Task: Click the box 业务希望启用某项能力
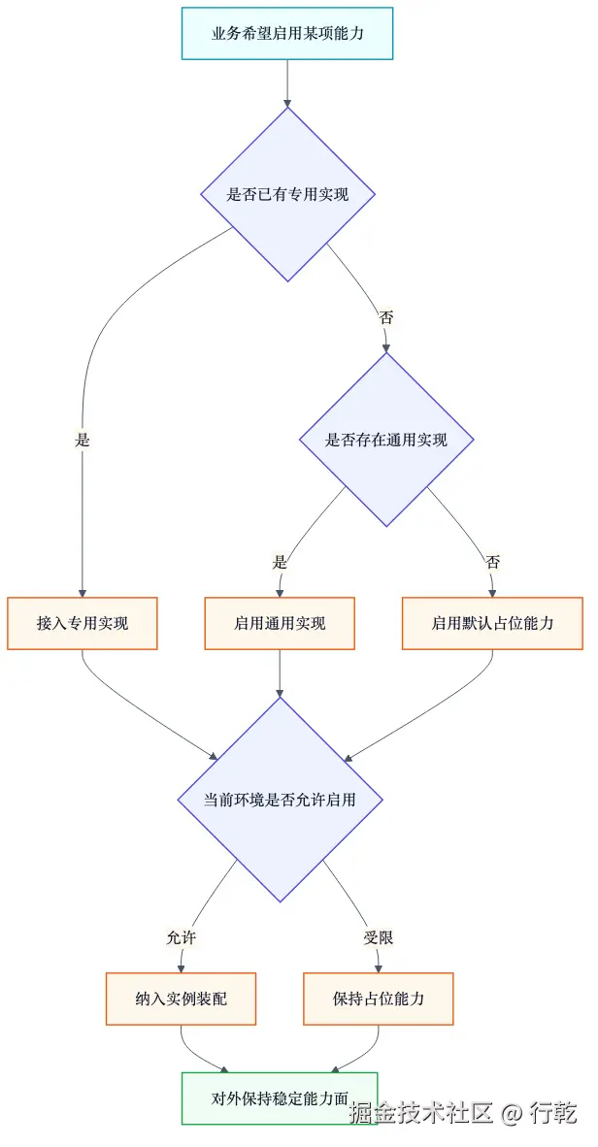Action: [x=287, y=34]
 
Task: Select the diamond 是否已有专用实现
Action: [x=287, y=194]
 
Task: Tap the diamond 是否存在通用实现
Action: [x=386, y=440]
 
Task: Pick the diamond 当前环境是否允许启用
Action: [x=280, y=801]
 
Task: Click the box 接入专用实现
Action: [x=83, y=623]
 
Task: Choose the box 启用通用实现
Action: [x=280, y=623]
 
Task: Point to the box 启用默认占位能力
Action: [x=492, y=623]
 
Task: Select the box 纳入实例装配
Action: [x=181, y=999]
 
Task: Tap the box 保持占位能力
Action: [x=379, y=999]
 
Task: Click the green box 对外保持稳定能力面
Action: [x=280, y=1098]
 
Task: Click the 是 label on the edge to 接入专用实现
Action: [x=83, y=440]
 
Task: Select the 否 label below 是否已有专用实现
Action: [x=386, y=316]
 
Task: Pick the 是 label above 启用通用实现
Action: [x=281, y=562]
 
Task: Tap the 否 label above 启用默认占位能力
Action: [x=492, y=562]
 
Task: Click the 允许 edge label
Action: [x=182, y=937]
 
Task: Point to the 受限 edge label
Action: [x=379, y=937]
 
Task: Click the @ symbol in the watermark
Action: [x=513, y=1113]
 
